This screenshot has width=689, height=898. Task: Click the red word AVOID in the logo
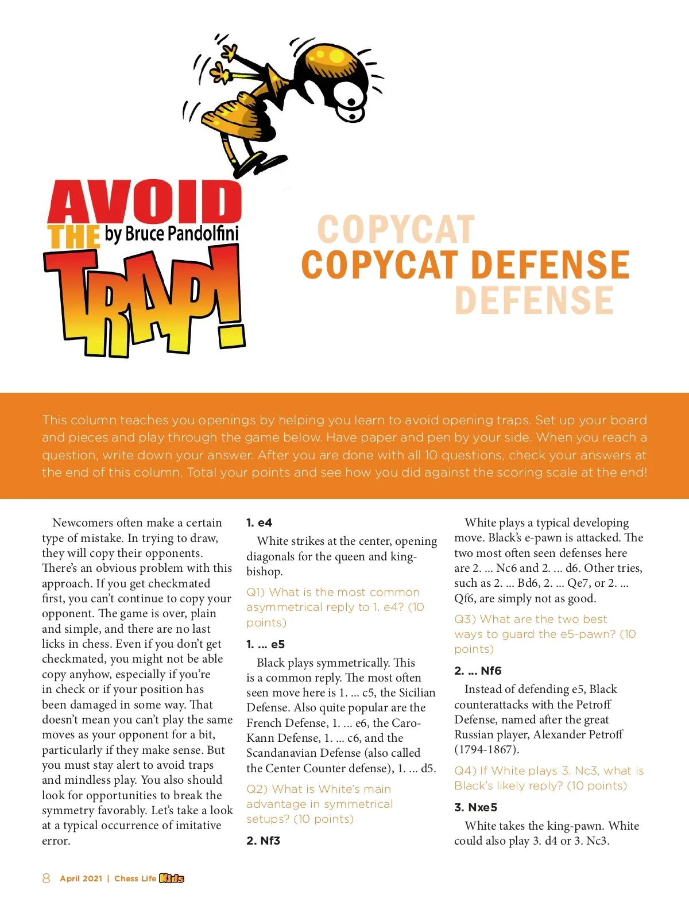pos(145,202)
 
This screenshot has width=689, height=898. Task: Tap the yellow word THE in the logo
pos(73,237)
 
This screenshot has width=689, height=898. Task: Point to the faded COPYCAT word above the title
pos(396,230)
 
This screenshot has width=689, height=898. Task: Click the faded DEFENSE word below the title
pos(534,300)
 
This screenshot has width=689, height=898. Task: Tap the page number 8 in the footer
pos(46,878)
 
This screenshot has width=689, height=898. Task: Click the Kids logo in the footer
pos(172,878)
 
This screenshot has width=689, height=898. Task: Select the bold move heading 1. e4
pos(259,522)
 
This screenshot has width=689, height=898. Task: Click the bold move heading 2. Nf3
pos(263,841)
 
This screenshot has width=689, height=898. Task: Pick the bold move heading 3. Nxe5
pos(475,807)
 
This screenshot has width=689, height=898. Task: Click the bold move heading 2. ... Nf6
pos(478,671)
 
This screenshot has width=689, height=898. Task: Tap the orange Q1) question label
pos(256,592)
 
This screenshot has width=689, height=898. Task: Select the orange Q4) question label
pos(464,771)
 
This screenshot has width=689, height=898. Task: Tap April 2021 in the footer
pos(81,878)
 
